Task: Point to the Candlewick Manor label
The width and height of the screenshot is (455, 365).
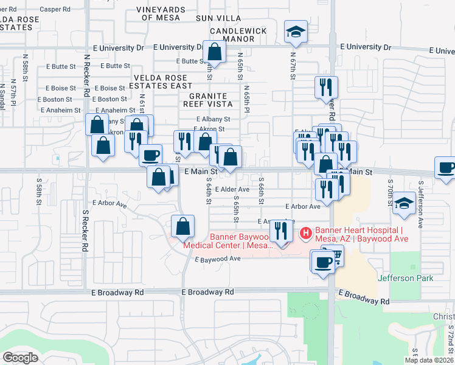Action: [x=232, y=35]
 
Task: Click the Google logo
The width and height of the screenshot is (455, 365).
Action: [x=20, y=358]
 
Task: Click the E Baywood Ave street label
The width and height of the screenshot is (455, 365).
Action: [x=218, y=259]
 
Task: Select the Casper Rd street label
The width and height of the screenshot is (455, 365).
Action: [x=55, y=9]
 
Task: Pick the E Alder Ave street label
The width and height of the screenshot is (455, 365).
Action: [x=232, y=190]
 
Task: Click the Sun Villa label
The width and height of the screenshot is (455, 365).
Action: [x=218, y=19]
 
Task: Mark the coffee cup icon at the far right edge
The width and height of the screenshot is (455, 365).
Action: [x=445, y=168]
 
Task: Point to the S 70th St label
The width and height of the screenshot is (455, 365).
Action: [x=389, y=193]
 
